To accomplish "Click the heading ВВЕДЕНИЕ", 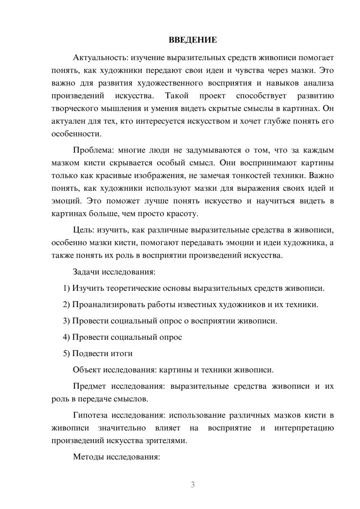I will [193, 40].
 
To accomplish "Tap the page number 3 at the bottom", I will [193, 485].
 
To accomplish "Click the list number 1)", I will [66, 288].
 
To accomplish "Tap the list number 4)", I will [66, 337].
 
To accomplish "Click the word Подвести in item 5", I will [89, 353].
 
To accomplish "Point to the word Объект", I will [87, 370].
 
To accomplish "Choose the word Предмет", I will [89, 386].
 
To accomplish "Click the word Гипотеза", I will [90, 415].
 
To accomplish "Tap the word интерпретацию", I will [304, 428].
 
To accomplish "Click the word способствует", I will [261, 96].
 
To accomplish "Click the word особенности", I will [76, 134].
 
